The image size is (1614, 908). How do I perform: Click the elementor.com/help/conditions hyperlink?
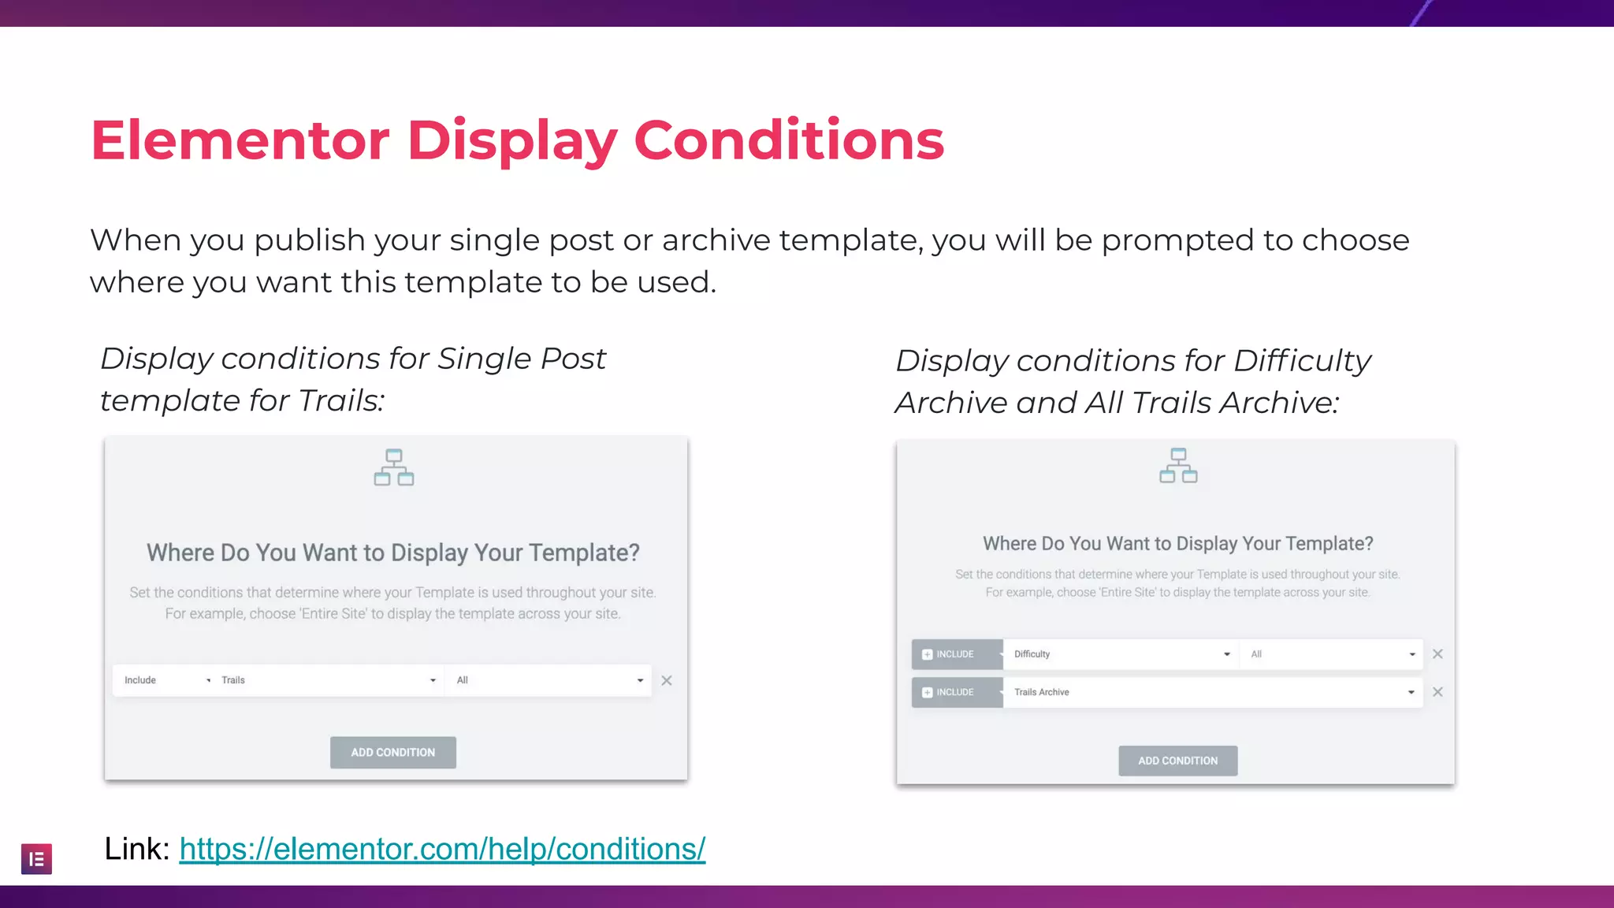click(x=442, y=849)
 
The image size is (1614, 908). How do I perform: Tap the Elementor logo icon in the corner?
click(x=36, y=859)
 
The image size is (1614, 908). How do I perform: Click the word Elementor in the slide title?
click(x=240, y=140)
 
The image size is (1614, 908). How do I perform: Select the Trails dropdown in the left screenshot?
click(x=328, y=680)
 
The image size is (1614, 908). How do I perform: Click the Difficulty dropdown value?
click(x=1120, y=654)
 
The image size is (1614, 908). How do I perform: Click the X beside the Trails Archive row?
click(x=1437, y=692)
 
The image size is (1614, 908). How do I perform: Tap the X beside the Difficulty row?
click(x=1437, y=654)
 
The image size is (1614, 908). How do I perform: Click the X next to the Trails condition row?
click(x=667, y=680)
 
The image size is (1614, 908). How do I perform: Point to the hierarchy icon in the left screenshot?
click(x=394, y=467)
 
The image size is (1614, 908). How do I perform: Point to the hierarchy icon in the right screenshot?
click(x=1178, y=465)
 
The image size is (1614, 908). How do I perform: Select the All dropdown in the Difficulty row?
click(x=1332, y=654)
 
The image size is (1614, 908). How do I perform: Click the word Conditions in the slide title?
click(x=789, y=140)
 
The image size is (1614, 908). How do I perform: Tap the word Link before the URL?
click(x=136, y=849)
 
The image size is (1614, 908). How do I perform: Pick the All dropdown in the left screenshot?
click(x=549, y=680)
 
